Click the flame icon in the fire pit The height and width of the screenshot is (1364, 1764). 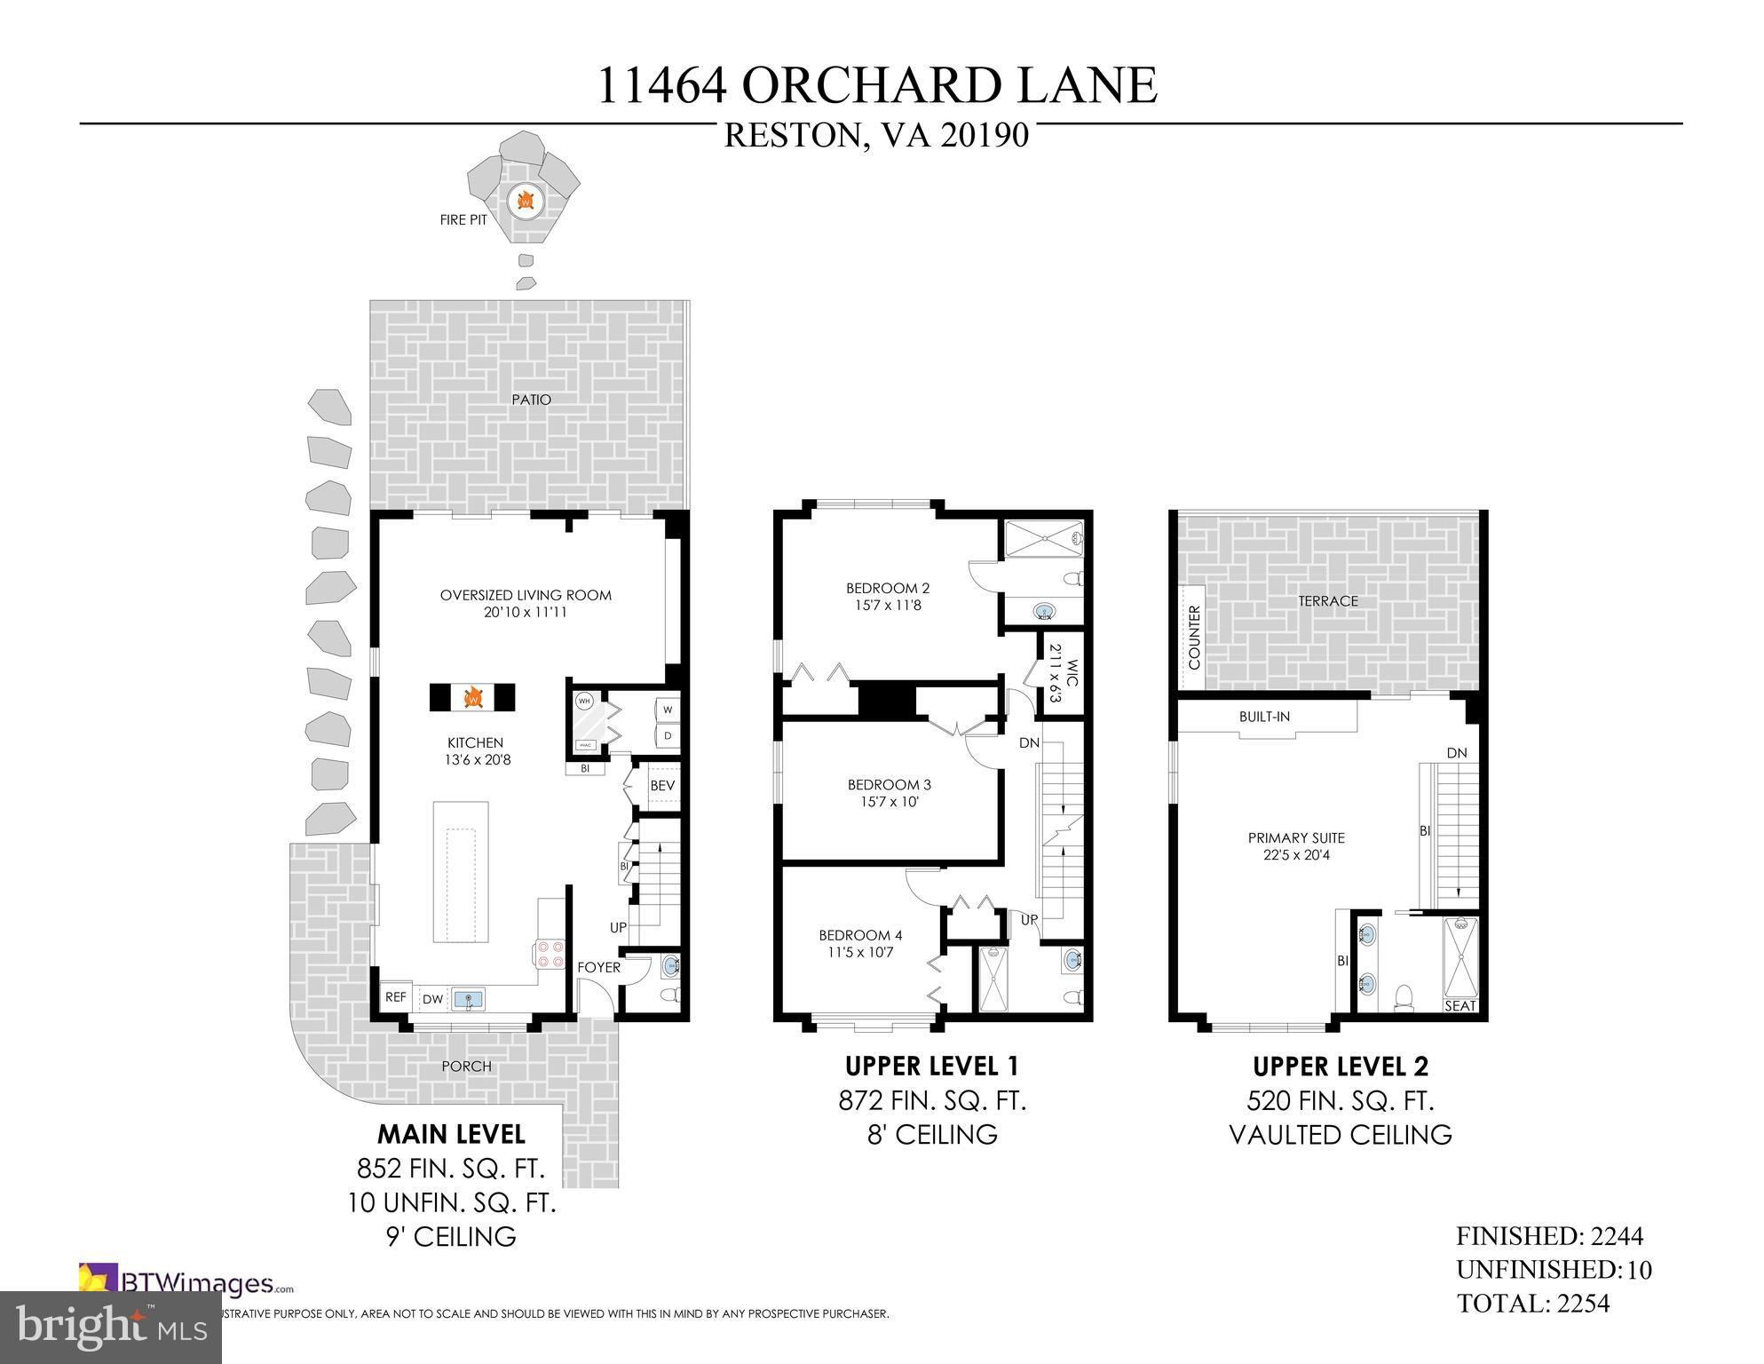pos(526,202)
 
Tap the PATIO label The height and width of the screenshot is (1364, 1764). pos(531,400)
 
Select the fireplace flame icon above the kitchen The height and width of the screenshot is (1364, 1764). pos(472,697)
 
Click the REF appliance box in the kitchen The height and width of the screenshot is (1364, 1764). pos(395,997)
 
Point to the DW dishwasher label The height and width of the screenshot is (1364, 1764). pos(432,1000)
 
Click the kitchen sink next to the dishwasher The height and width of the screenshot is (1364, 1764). pos(469,1000)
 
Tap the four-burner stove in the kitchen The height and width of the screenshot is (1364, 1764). pos(549,954)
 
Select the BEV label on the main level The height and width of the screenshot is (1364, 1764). pos(662,786)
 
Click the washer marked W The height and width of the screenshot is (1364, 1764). pos(667,710)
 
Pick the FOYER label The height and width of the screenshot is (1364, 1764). pos(598,967)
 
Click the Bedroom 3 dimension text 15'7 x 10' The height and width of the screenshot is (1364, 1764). pos(889,802)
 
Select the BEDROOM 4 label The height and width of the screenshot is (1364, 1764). pos(860,935)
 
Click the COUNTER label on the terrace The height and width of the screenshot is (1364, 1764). pos(1194,638)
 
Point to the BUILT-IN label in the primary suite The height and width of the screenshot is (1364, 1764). pos(1264,717)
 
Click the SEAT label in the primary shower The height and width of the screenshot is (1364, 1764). pos(1460,1006)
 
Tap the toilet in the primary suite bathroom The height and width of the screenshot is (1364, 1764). pos(1404,999)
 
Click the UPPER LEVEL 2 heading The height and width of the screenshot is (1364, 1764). pos(1341,1066)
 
